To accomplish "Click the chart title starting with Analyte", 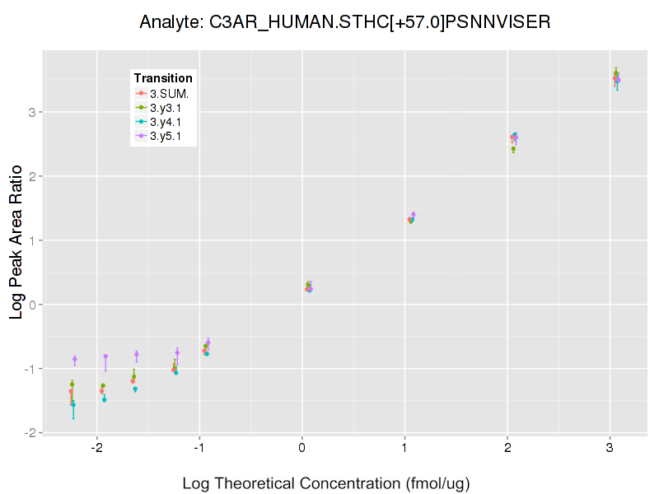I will (344, 22).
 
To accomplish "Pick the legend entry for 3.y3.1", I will (169, 107).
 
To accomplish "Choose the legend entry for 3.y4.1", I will (169, 121).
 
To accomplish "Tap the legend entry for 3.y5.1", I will (169, 135).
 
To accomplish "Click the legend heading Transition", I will (163, 78).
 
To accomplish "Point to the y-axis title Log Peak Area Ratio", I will (16, 240).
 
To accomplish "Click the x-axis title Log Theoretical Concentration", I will (326, 483).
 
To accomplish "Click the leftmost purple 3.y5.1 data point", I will (75, 359).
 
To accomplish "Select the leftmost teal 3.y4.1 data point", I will (73, 404).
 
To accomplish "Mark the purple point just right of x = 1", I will (414, 215).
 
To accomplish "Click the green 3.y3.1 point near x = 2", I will (513, 149).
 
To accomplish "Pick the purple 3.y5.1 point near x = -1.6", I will (137, 354).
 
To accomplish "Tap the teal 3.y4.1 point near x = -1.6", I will (135, 389).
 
